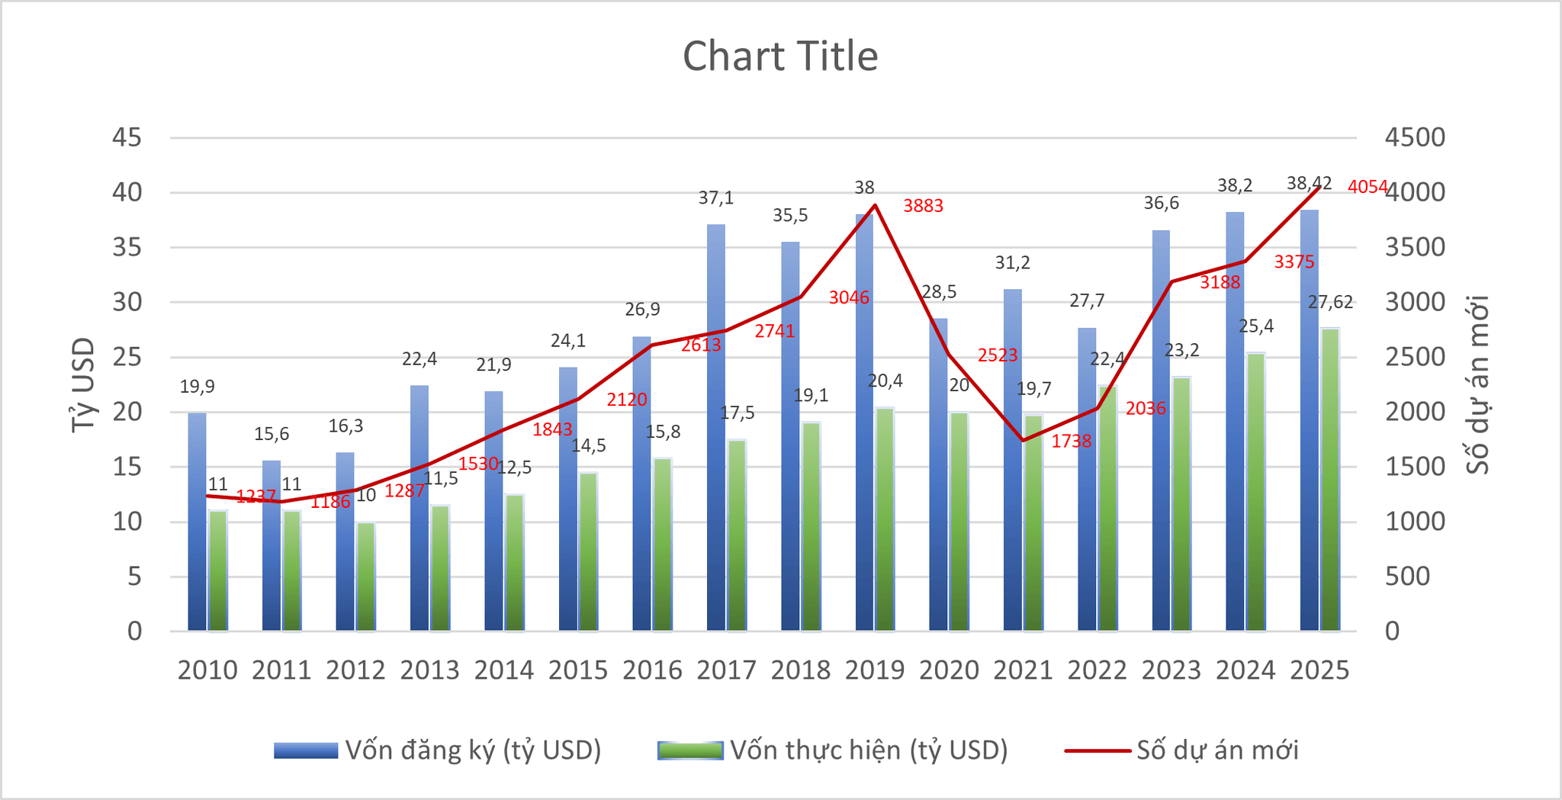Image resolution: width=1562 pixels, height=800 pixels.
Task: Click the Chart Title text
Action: (780, 56)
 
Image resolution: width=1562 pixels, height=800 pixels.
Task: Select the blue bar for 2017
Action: (716, 427)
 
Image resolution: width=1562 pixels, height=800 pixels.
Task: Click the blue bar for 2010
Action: (197, 522)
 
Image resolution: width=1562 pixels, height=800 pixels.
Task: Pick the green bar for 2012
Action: (366, 577)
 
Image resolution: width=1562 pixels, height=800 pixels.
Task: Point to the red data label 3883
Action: (923, 205)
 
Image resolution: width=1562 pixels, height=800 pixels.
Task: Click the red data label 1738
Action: (1072, 441)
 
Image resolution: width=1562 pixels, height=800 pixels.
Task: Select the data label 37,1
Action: (716, 198)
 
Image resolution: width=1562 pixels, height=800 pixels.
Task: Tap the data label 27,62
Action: (1331, 302)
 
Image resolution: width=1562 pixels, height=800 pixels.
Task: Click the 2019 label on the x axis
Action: (875, 670)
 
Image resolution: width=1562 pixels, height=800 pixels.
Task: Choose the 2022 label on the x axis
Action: (1097, 670)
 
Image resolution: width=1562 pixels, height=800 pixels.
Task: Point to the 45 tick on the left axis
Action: (127, 138)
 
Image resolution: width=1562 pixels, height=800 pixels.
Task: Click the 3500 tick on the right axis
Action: (1416, 247)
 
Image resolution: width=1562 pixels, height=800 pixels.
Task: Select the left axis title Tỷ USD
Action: (83, 384)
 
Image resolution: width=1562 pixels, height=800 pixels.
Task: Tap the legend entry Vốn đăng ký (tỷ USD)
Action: (438, 750)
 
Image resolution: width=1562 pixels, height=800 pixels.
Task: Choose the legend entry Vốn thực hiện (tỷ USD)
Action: (833, 750)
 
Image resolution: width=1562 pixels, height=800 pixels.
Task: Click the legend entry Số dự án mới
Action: (1182, 750)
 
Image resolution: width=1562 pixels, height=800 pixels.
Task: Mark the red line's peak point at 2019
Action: (876, 204)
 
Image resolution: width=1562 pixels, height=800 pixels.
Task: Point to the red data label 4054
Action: (1368, 186)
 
